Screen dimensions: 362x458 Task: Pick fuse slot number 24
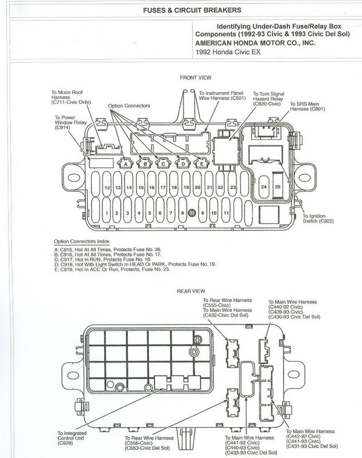pyautogui.click(x=264, y=187)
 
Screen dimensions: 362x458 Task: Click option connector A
pyautogui.click(x=125, y=163)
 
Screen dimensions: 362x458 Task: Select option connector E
pyautogui.click(x=201, y=163)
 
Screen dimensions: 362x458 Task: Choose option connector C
pyautogui.click(x=163, y=163)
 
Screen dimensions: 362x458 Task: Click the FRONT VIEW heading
pyautogui.click(x=195, y=78)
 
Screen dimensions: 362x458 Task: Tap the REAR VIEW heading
pyautogui.click(x=191, y=291)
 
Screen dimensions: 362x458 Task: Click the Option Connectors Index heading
pyautogui.click(x=81, y=242)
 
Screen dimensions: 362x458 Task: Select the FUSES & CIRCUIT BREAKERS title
pyautogui.click(x=192, y=10)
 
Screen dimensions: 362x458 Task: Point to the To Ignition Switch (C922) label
pyautogui.click(x=318, y=219)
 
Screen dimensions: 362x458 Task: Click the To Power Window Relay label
pyautogui.click(x=70, y=123)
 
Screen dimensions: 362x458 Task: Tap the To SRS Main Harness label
pyautogui.click(x=308, y=106)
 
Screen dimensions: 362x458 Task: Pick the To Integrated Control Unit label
pyautogui.click(x=72, y=438)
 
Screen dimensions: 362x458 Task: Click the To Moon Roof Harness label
pyautogui.click(x=71, y=97)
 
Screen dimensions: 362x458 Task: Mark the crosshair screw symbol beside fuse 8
pyautogui.click(x=192, y=212)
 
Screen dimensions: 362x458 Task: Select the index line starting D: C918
pyautogui.click(x=135, y=264)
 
